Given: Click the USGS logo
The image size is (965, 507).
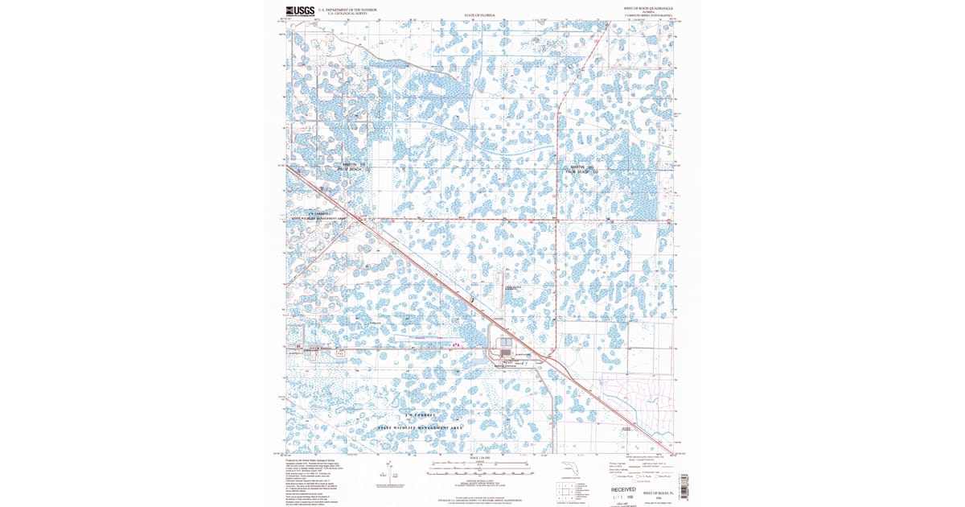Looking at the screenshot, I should (x=301, y=10).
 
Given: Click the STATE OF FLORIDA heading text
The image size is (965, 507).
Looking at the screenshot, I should (x=480, y=15).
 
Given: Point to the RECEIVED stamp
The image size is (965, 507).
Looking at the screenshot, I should (x=622, y=489).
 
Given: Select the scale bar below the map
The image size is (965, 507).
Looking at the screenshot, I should (x=479, y=465).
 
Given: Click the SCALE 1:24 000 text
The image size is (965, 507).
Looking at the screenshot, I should (x=479, y=458).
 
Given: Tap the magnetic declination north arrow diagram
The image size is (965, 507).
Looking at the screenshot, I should (x=389, y=470).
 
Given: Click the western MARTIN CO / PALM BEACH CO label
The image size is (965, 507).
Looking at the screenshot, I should (x=351, y=167).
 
